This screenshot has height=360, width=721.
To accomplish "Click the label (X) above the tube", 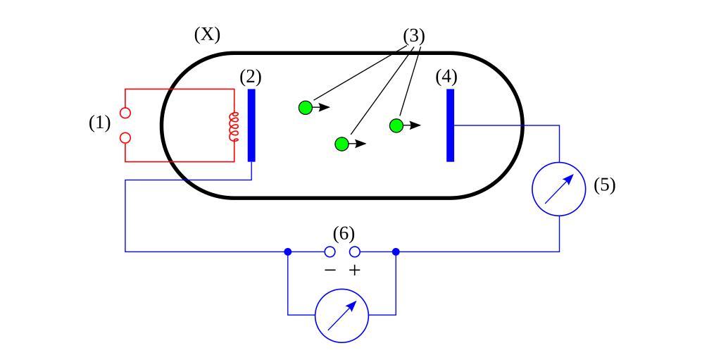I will [207, 35].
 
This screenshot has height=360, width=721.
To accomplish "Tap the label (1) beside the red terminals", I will [100, 123].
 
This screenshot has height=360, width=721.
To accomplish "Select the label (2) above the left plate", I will [251, 77].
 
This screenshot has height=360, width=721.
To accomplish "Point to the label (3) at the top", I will [414, 36].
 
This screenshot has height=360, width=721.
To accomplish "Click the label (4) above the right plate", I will [446, 77].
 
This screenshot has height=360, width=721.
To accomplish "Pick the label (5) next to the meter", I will [604, 185].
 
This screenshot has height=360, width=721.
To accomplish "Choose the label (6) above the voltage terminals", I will [344, 233].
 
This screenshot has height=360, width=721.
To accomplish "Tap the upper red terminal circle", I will [125, 113].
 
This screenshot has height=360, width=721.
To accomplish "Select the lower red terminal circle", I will [125, 138].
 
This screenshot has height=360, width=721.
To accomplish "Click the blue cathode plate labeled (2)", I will [251, 125].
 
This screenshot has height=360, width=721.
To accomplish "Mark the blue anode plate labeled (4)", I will [451, 125].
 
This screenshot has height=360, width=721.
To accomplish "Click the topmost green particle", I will [305, 107].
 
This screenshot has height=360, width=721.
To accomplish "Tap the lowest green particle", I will [341, 144].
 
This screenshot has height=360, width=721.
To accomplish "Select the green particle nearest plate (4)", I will [396, 125].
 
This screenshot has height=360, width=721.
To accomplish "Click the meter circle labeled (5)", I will [559, 188].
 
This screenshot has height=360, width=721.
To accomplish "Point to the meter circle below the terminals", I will [341, 316].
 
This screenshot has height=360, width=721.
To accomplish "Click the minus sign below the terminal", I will [330, 271].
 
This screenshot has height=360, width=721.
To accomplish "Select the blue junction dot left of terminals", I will [288, 252].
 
